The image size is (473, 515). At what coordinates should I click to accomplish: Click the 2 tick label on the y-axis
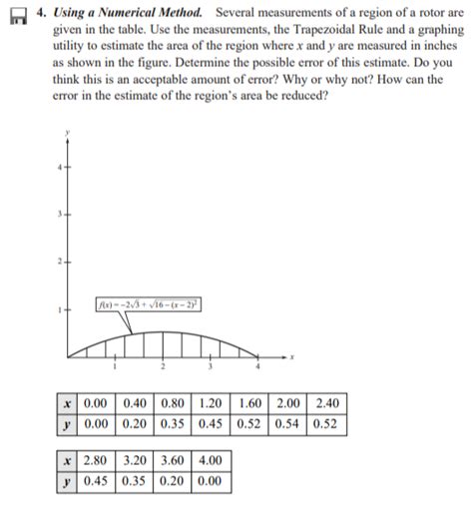point(59,261)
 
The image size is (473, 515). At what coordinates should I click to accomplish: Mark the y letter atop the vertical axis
point(67,132)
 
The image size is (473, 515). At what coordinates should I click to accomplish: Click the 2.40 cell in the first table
point(325,403)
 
